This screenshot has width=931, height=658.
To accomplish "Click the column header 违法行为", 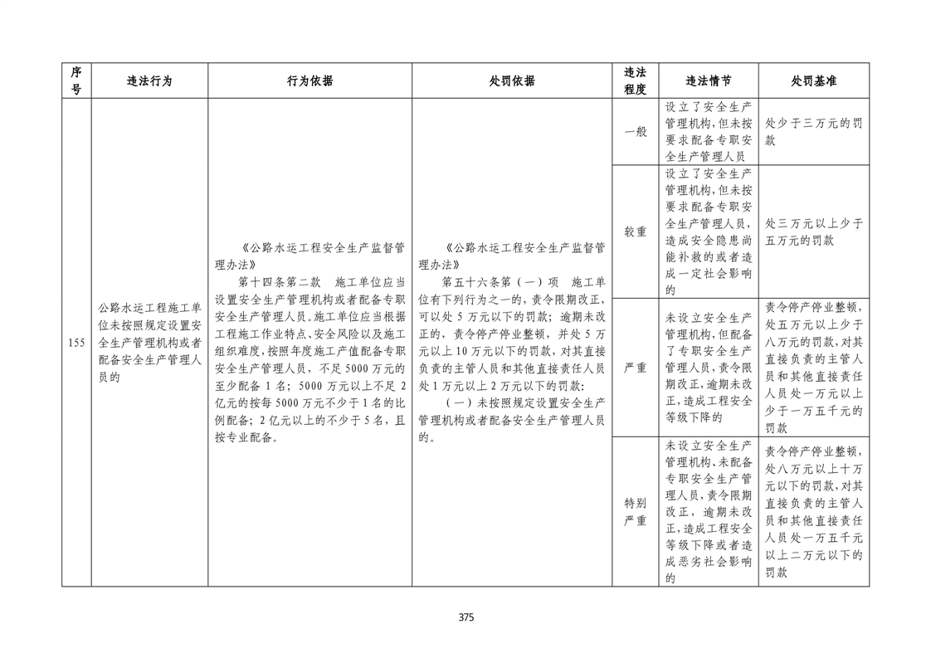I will [x=149, y=81].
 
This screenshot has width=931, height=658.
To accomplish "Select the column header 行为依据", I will [x=310, y=81].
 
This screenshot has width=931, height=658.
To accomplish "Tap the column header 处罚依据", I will [x=512, y=81].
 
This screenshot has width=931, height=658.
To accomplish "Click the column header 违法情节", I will [x=709, y=81].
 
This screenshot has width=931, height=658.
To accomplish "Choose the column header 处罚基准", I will [x=813, y=81].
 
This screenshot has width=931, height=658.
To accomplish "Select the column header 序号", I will [x=76, y=81].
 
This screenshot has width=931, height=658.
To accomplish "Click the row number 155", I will [x=76, y=343].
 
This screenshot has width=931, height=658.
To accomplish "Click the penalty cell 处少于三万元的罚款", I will [x=813, y=132].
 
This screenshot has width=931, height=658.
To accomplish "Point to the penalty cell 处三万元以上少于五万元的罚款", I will [x=813, y=232].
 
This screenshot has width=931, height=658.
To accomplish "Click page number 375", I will [x=465, y=617].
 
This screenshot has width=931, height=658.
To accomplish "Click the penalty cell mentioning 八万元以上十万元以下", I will [x=813, y=512].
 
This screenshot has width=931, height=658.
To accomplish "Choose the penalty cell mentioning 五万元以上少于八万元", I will [x=813, y=367].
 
